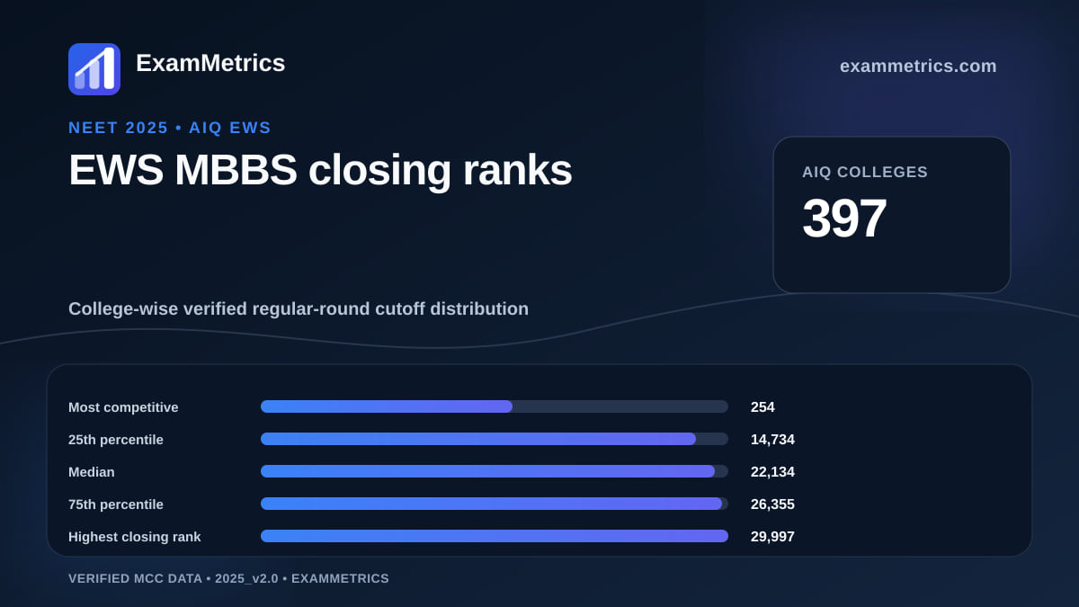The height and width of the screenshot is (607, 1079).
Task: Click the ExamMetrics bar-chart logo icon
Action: pyautogui.click(x=94, y=69)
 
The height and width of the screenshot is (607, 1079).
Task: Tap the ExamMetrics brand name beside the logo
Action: pyautogui.click(x=210, y=63)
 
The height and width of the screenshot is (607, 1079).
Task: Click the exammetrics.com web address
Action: pyautogui.click(x=918, y=66)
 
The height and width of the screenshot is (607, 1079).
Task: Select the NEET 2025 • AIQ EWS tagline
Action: pyautogui.click(x=170, y=128)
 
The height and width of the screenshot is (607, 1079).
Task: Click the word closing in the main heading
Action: pyautogui.click(x=379, y=171)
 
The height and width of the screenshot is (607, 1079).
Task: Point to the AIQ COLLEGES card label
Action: pyautogui.click(x=865, y=172)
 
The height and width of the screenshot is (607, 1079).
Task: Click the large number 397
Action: pyautogui.click(x=844, y=219)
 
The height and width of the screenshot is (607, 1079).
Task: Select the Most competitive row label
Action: pyautogui.click(x=123, y=407)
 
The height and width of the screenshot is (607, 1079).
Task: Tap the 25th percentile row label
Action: pyautogui.click(x=116, y=440)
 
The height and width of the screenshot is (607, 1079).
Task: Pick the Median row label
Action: pyautogui.click(x=92, y=472)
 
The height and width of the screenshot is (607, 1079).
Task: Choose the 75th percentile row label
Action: pyautogui.click(x=116, y=504)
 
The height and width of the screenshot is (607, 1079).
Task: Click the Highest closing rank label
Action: pyautogui.click(x=134, y=537)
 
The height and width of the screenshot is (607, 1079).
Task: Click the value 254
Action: pyautogui.click(x=762, y=407)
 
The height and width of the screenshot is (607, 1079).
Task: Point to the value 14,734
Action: pyautogui.click(x=772, y=440)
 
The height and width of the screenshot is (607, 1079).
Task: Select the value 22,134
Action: pyautogui.click(x=772, y=471)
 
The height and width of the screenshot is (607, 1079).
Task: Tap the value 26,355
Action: pyautogui.click(x=772, y=504)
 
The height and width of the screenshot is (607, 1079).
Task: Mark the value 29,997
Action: pyautogui.click(x=772, y=536)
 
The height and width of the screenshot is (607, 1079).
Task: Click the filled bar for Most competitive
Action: pyautogui.click(x=387, y=406)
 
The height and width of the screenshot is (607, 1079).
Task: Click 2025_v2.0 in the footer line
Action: pyautogui.click(x=246, y=578)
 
